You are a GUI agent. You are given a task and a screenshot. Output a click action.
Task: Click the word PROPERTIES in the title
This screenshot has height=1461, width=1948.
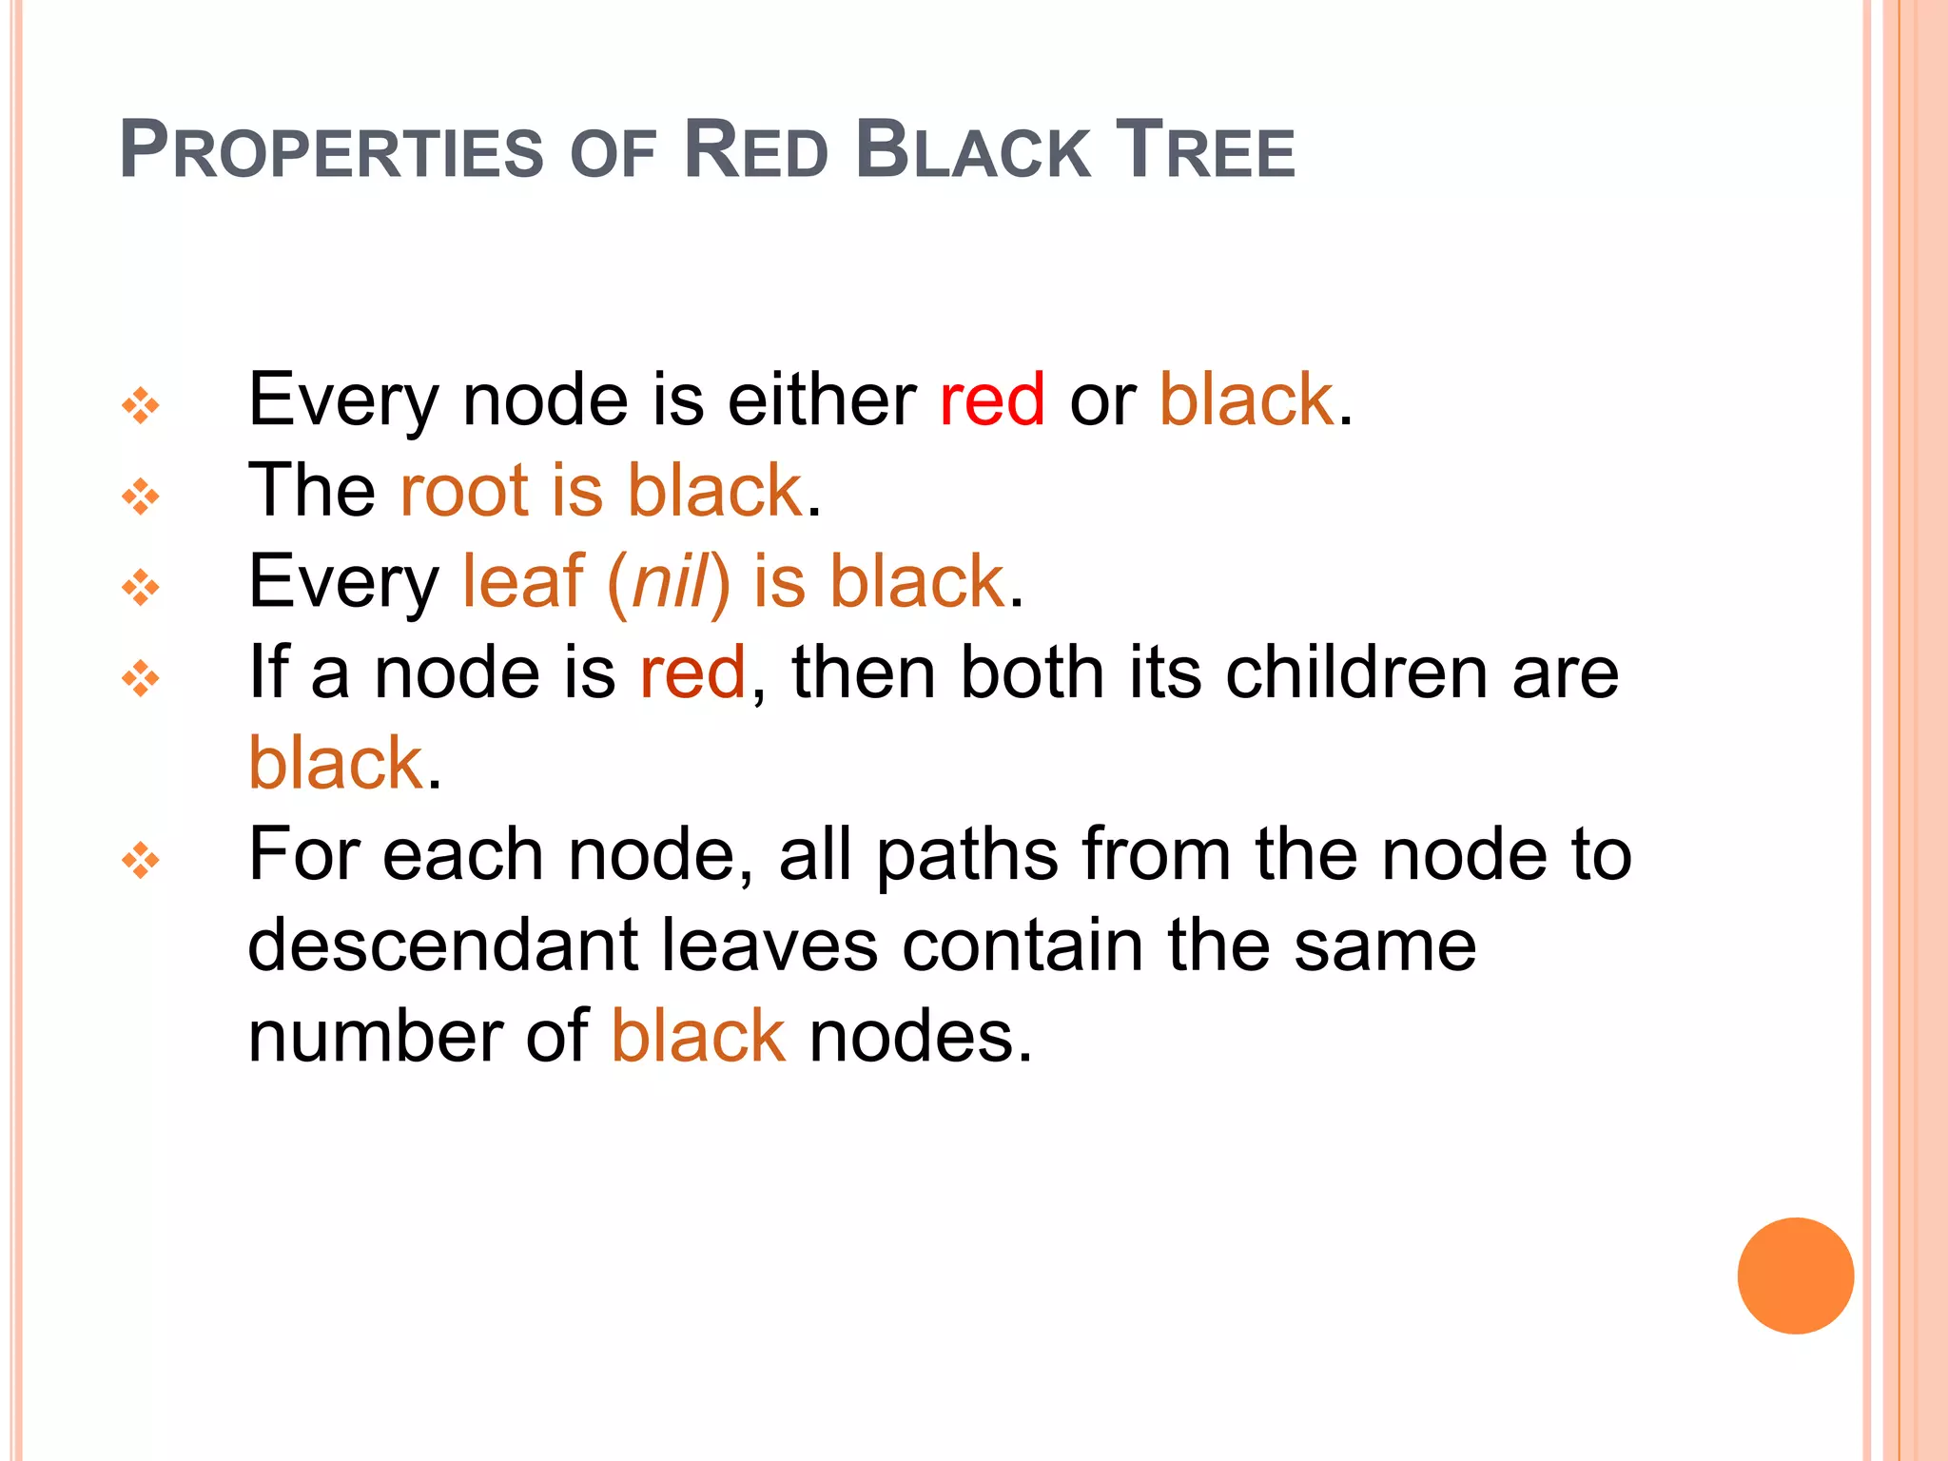pos(331,150)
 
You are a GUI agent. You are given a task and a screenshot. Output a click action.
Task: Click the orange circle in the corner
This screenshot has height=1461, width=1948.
pos(1795,1276)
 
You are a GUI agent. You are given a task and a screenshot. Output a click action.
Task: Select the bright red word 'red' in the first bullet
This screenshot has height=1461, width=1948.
pos(992,399)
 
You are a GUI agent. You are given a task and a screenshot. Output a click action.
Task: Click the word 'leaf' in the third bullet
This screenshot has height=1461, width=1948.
pos(522,581)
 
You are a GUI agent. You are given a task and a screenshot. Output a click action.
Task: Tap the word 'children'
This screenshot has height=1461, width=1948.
pos(1356,672)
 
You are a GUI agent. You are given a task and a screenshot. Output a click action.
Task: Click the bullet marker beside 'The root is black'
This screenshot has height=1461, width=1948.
pos(141,497)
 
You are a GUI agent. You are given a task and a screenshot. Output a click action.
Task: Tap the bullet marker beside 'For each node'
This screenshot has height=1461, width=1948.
pos(141,861)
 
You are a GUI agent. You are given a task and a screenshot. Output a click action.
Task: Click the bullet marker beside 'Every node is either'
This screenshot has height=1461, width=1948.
pos(141,406)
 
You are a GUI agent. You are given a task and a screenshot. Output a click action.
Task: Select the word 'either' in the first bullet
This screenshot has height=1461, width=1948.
pos(821,399)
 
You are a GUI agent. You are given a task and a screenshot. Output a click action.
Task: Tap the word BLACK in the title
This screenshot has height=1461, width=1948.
pos(972,150)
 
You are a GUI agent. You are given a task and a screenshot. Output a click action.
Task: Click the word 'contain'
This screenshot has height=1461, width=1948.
pos(1023,945)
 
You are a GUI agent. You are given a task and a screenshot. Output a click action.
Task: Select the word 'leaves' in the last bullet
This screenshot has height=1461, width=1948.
pos(769,945)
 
